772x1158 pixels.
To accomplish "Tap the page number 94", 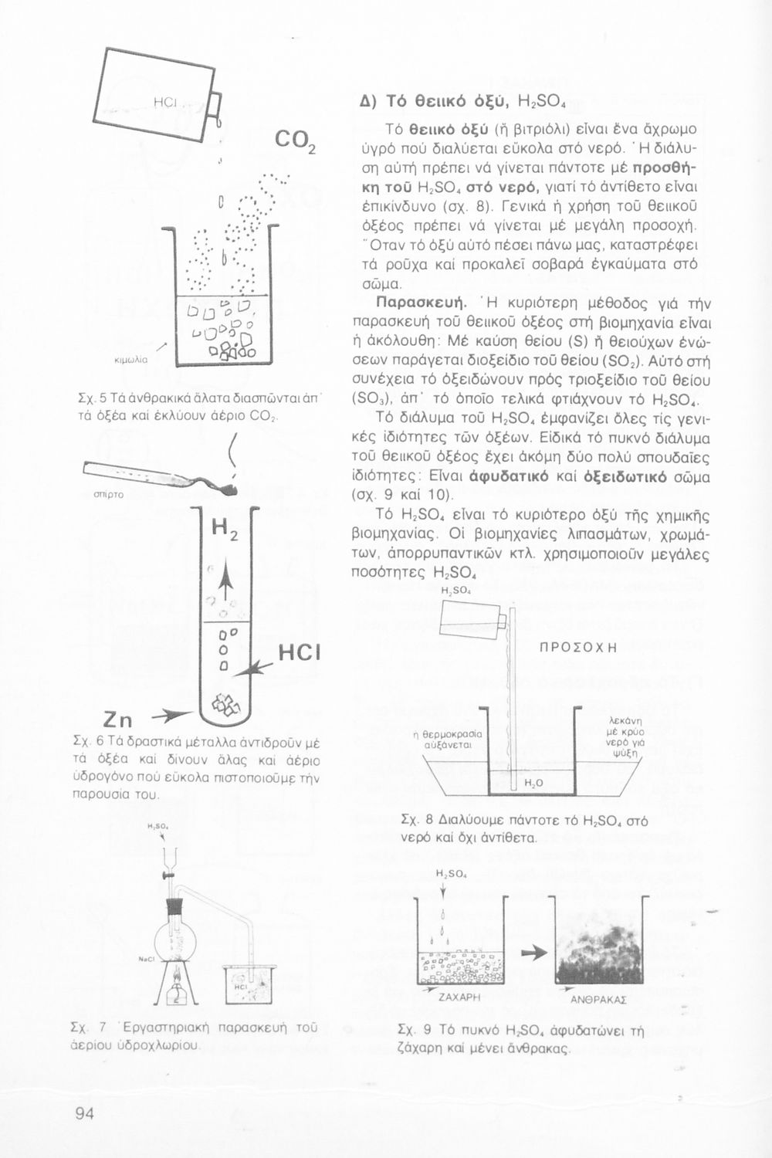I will pyautogui.click(x=85, y=1112).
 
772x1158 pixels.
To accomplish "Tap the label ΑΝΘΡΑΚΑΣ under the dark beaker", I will pyautogui.click(x=598, y=998).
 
